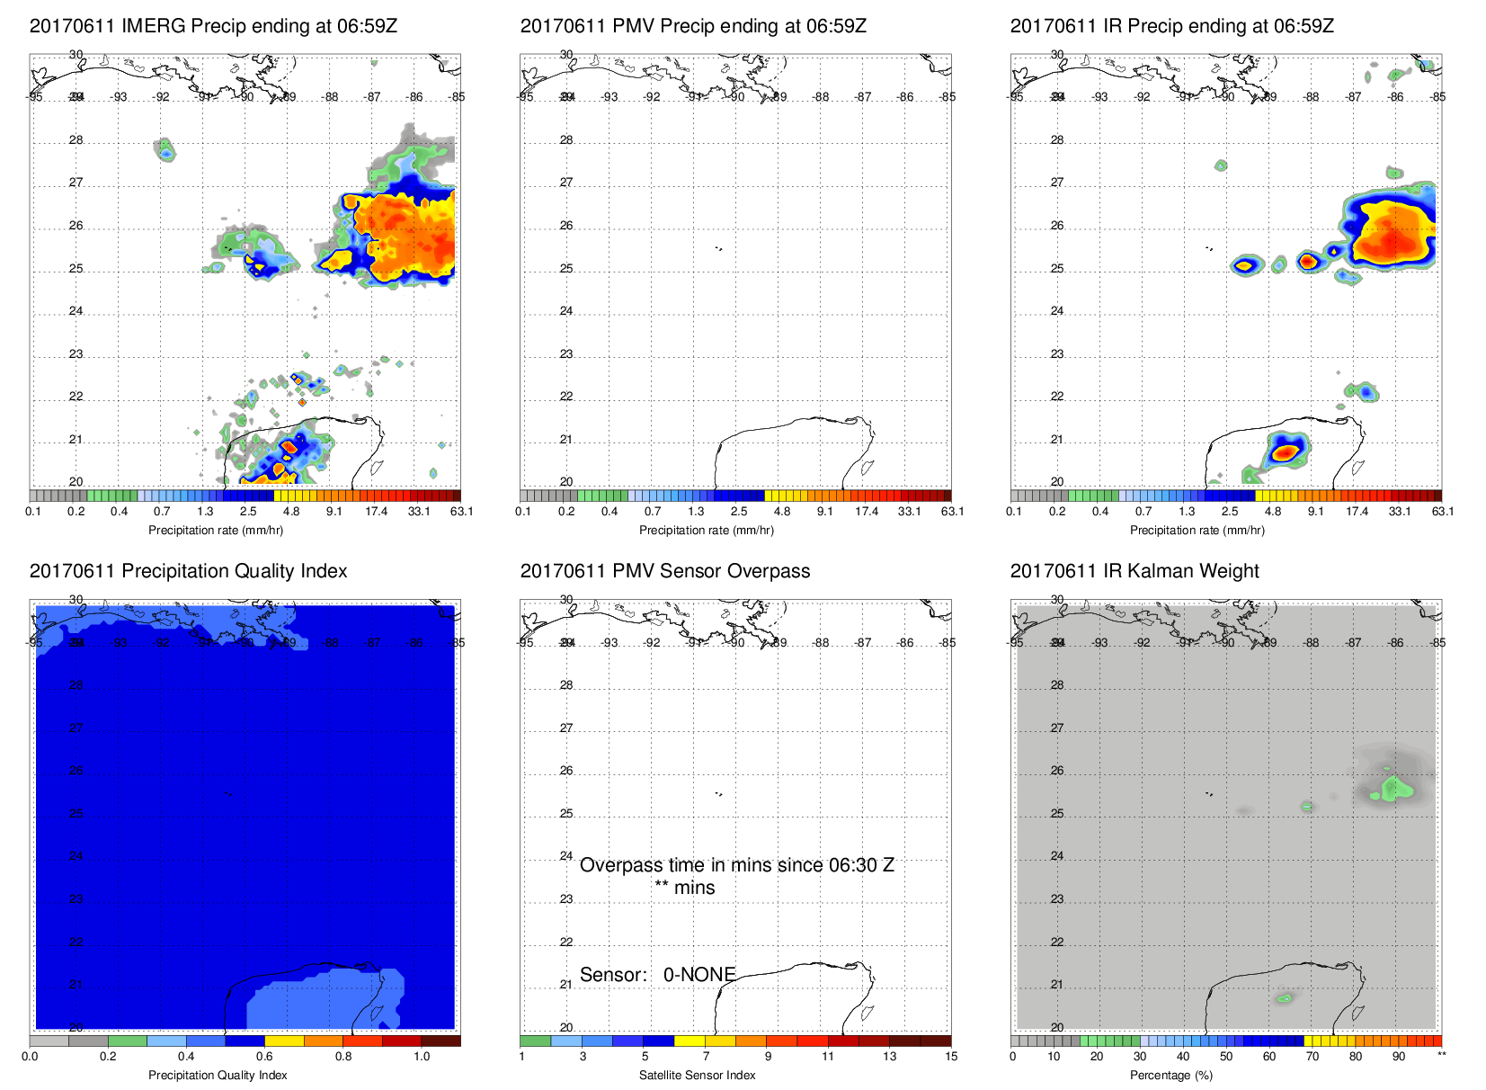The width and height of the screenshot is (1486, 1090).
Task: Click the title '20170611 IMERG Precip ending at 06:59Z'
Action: pos(213,26)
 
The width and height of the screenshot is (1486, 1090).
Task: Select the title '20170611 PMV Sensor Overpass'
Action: pos(664,571)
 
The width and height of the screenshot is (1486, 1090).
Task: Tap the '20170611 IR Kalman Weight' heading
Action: pos(1135,571)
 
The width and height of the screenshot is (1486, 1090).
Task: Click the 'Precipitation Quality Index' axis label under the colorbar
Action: pos(218,1075)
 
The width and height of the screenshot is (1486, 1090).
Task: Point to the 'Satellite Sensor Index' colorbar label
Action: pos(697,1075)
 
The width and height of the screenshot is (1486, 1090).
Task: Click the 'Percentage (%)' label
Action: pos(1171,1075)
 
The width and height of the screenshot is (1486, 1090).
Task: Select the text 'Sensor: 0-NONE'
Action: pos(657,975)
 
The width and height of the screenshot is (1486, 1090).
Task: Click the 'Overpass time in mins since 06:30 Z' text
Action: pos(736,865)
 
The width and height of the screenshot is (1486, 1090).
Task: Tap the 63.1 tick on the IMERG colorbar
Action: pos(461,512)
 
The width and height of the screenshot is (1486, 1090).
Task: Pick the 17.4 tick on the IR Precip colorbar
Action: pos(1357,512)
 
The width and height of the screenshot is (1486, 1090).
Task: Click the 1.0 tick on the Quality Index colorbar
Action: pos(422,1057)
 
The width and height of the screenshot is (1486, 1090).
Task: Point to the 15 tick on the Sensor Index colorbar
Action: pos(951,1057)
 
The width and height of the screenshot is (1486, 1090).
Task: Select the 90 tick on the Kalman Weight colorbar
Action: pos(1399,1057)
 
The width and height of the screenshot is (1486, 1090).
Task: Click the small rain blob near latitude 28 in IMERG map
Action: pos(165,150)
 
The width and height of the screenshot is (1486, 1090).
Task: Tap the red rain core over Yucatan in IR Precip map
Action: pos(1286,451)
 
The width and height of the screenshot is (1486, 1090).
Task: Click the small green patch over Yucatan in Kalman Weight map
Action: pos(1285,998)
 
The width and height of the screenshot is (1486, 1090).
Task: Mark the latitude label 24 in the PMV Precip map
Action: pos(566,311)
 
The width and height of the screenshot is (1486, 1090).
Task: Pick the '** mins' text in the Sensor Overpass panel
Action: pos(685,888)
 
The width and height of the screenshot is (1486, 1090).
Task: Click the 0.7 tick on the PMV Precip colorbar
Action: pos(653,512)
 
